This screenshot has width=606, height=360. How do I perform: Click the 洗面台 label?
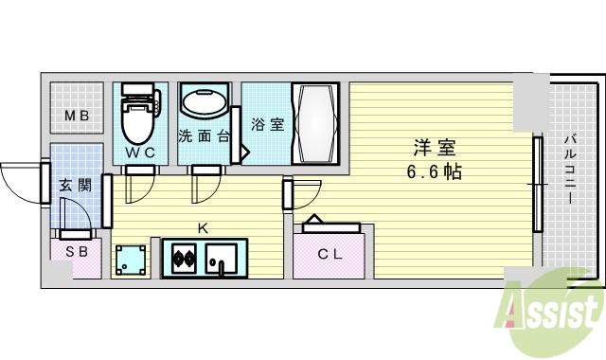[203, 135]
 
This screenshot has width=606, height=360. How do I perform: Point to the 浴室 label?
[268, 124]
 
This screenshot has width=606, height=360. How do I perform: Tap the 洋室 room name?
[435, 148]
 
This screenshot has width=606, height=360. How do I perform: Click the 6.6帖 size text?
[435, 172]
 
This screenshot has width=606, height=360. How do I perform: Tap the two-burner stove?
[183, 257]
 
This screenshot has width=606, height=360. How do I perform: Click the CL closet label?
[330, 253]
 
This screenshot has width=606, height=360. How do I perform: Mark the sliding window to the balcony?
[537, 185]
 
